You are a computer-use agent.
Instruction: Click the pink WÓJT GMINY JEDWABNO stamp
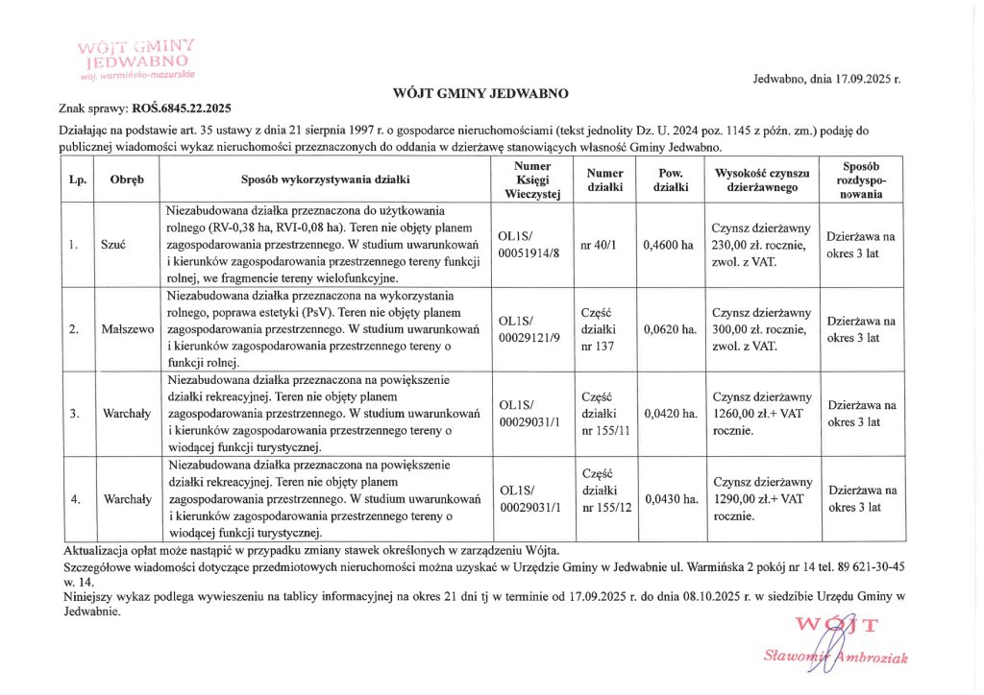tap(138, 57)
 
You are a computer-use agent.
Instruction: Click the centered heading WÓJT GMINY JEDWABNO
tap(480, 94)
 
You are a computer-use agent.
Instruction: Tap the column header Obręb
tap(127, 180)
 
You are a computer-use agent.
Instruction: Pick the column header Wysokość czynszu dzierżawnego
tap(763, 180)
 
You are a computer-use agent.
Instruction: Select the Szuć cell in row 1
tap(114, 245)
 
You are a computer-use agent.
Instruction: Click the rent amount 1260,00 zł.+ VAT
tap(758, 414)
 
